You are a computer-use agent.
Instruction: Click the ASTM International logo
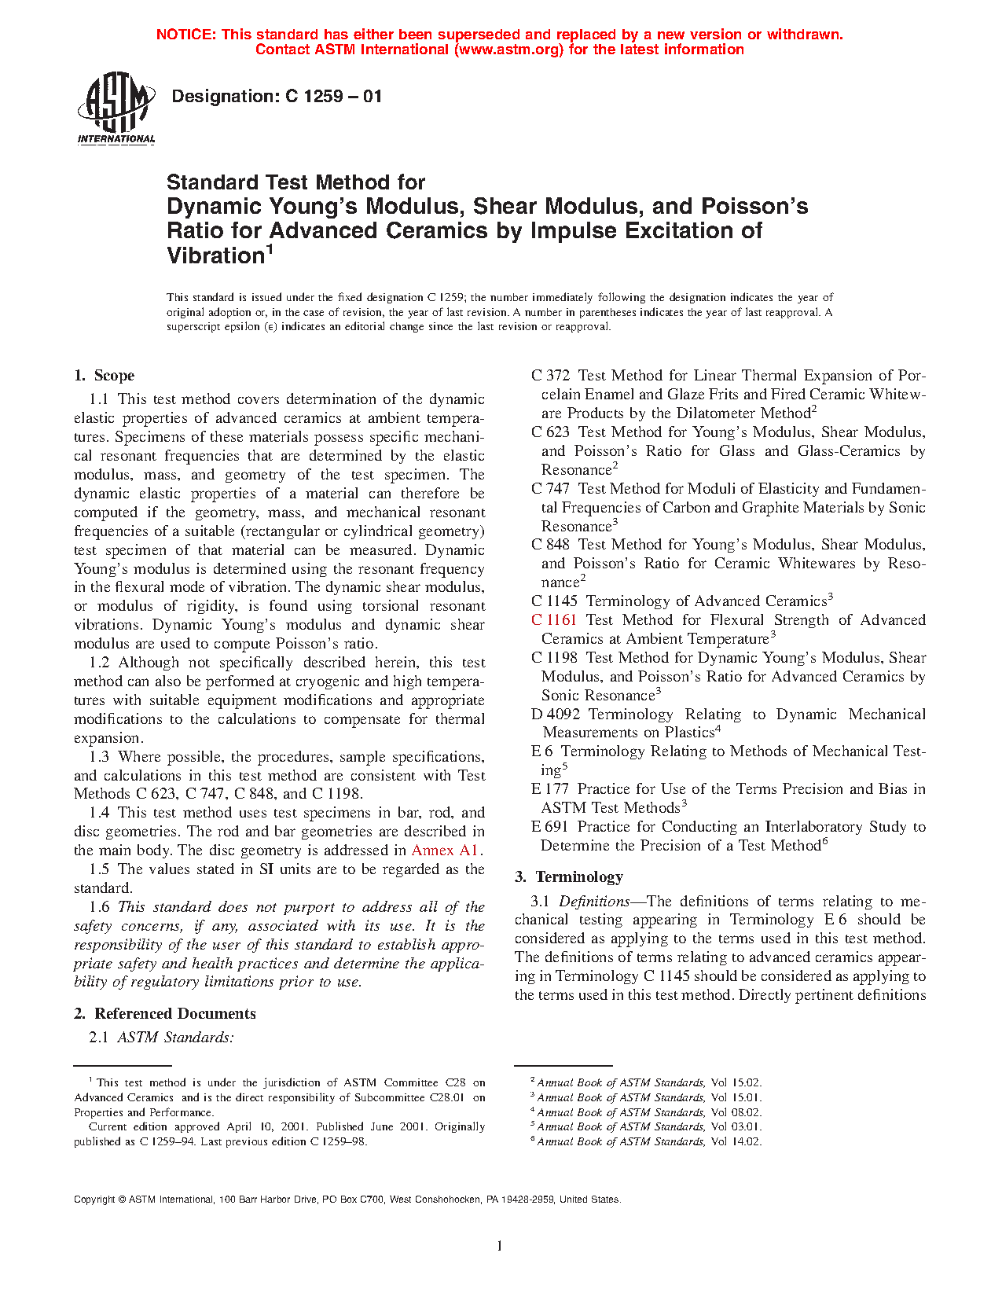[x=116, y=108]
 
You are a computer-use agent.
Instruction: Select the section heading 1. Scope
[x=105, y=376]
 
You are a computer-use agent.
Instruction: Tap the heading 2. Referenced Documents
[x=165, y=1014]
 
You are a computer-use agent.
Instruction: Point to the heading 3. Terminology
[x=569, y=877]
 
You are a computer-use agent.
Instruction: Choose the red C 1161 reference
[x=554, y=620]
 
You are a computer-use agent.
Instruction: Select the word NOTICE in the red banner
[x=185, y=35]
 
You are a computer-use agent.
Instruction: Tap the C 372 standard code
[x=550, y=376]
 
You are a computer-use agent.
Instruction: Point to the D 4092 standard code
[x=556, y=715]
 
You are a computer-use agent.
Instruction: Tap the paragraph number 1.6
[x=99, y=907]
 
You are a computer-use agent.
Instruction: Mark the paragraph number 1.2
[x=99, y=663]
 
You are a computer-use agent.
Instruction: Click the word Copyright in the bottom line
[x=94, y=1200]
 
